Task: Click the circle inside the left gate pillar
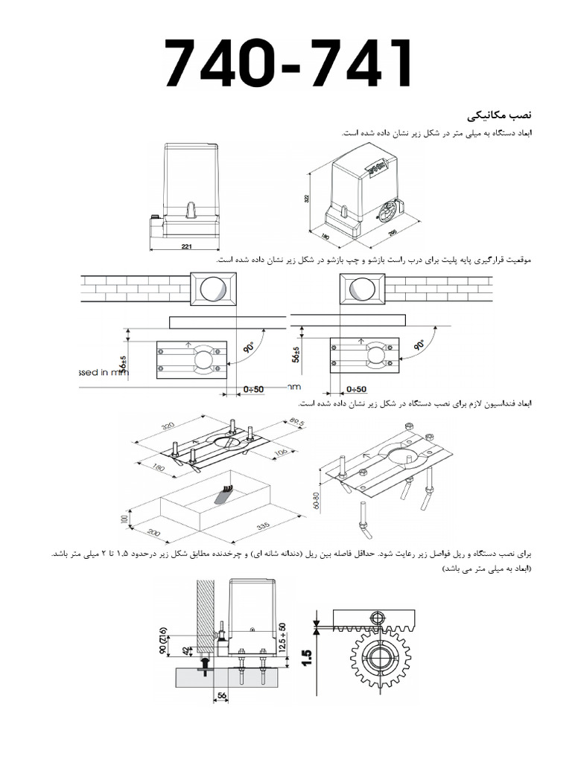click(x=213, y=289)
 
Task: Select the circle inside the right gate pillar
click(x=362, y=289)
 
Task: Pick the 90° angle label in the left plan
click(x=249, y=348)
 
